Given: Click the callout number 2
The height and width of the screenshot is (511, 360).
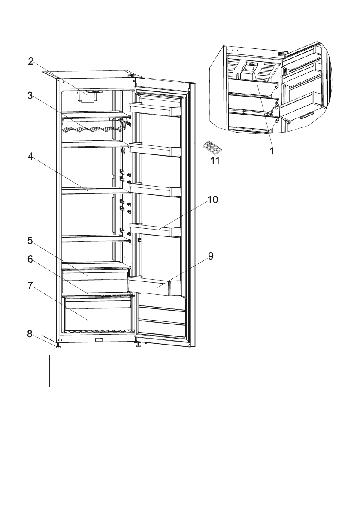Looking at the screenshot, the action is click(x=30, y=61).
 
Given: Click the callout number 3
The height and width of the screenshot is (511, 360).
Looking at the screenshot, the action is click(x=30, y=96).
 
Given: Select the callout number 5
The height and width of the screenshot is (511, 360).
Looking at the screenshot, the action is click(x=30, y=241).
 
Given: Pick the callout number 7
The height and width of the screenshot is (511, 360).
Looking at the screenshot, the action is click(x=30, y=286).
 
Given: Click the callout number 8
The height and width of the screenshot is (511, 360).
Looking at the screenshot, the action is click(x=30, y=334).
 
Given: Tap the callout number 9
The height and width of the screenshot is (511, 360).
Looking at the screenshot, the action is click(x=211, y=256).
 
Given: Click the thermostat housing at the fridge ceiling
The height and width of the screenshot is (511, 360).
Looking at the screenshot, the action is click(x=88, y=96).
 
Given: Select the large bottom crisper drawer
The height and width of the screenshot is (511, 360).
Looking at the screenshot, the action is click(x=97, y=314).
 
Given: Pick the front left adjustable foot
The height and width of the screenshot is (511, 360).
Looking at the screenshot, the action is click(x=58, y=346).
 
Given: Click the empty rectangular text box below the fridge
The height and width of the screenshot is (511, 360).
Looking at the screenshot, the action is click(x=183, y=371).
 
